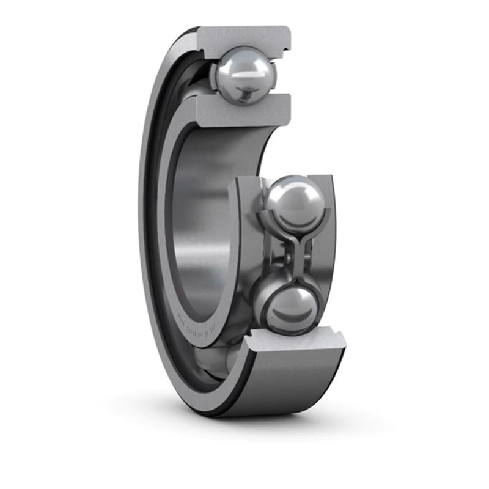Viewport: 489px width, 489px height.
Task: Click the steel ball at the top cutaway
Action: pos(244,75)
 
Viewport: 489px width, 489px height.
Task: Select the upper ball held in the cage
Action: pos(294,202)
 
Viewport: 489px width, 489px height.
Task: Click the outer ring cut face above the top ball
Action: pos(244,38)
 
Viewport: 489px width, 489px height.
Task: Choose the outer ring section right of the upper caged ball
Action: pos(328,208)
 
